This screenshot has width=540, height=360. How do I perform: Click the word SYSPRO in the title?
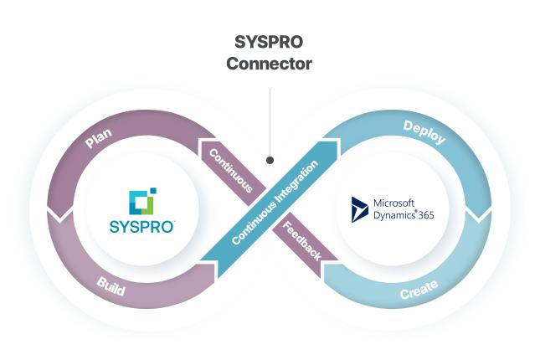point(270,41)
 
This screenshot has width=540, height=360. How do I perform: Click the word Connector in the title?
point(270,64)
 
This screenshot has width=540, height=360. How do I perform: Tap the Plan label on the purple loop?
point(100,139)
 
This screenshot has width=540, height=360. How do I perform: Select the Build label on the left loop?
point(111,286)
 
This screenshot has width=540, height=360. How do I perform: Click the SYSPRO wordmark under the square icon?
point(139,226)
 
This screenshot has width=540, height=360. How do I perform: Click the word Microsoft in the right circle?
point(395,203)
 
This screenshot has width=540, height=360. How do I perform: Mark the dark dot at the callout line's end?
point(270,159)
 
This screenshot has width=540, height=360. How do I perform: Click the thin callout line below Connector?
point(270,117)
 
